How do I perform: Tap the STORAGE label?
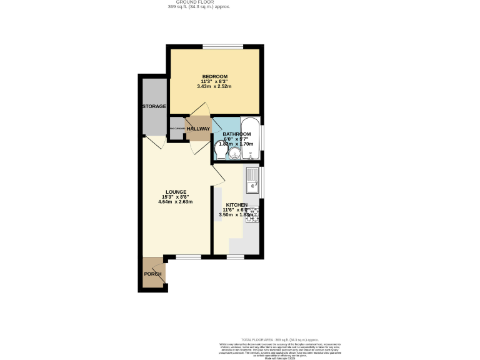[153, 106]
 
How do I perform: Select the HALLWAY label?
[198, 129]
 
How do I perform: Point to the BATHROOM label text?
[237, 134]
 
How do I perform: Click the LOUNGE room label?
[175, 191]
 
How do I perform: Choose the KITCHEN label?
[237, 205]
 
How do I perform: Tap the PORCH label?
[152, 274]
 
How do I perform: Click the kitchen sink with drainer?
[252, 179]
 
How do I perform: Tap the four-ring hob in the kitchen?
[253, 214]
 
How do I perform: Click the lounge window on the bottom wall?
[188, 256]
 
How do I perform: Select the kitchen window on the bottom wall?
[235, 256]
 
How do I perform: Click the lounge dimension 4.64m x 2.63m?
[175, 202]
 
